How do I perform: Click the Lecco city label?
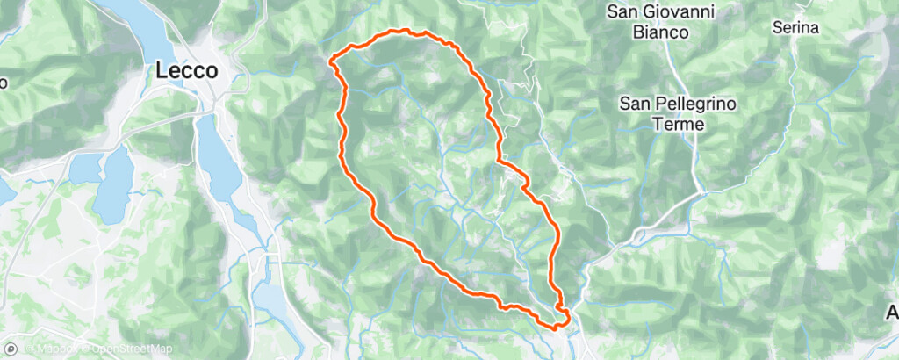click(x=187, y=71)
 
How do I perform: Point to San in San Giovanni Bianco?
click(x=625, y=12)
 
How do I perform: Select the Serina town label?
click(x=795, y=28)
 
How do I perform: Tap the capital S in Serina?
click(x=777, y=28)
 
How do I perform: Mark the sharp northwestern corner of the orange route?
click(x=332, y=60)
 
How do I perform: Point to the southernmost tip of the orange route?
click(x=555, y=327)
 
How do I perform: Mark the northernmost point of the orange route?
click(x=405, y=31)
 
